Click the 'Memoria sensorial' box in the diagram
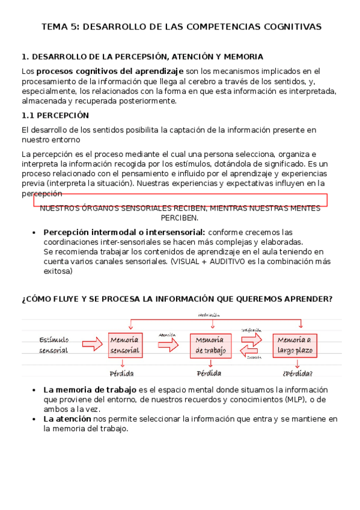pyautogui.click(x=125, y=345)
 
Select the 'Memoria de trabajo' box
pyautogui.click(x=210, y=345)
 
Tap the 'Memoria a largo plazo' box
pyautogui.click(x=294, y=345)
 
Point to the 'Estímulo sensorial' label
pyautogui.click(x=54, y=345)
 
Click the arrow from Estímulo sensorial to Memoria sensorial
pyautogui.click(x=92, y=344)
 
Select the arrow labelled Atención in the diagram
pyautogui.click(x=168, y=344)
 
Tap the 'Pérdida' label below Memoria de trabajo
pyautogui.click(x=209, y=373)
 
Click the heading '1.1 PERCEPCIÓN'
pyautogui.click(x=55, y=115)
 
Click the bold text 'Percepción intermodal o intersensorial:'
pyautogui.click(x=124, y=232)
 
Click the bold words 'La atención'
pyautogui.click(x=67, y=419)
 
